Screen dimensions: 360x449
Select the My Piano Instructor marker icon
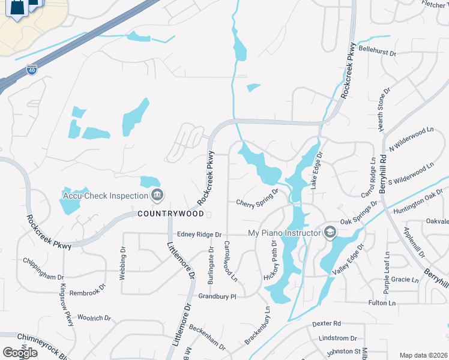click(x=330, y=232)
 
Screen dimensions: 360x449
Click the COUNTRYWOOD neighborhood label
click(x=171, y=213)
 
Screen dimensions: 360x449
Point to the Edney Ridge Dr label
click(x=199, y=235)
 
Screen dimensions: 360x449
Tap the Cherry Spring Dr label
click(x=257, y=198)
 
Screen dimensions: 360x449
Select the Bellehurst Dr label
click(x=378, y=52)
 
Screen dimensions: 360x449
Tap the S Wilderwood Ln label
click(x=411, y=174)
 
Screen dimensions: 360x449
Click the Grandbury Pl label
click(x=218, y=296)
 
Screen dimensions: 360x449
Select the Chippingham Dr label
click(x=43, y=269)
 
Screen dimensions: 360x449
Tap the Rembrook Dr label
click(x=87, y=286)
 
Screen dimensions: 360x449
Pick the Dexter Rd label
click(x=327, y=323)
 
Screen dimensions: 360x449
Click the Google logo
click(x=20, y=353)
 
